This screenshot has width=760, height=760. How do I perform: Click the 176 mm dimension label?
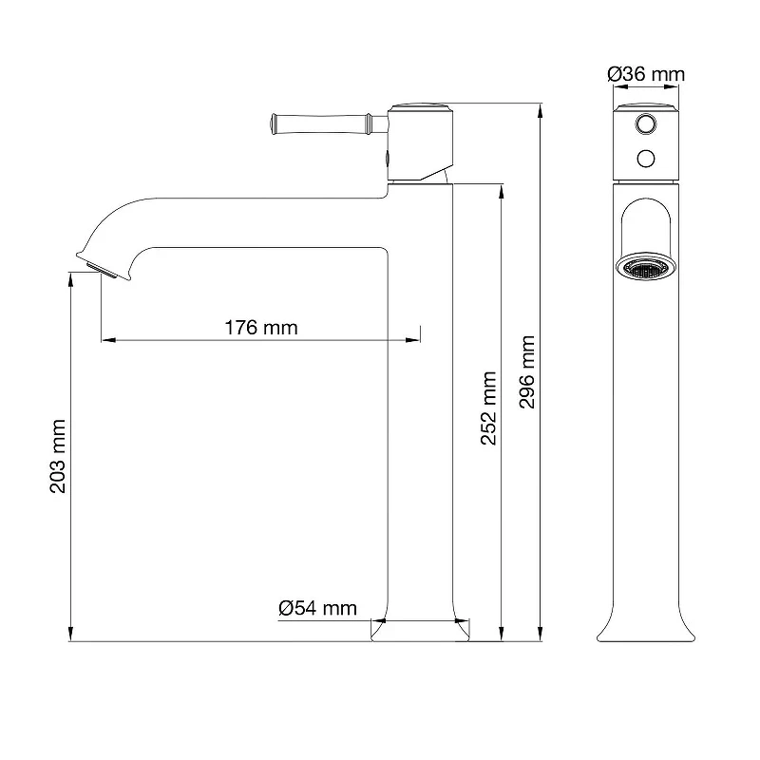click(260, 328)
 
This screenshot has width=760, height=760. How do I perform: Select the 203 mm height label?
click(58, 456)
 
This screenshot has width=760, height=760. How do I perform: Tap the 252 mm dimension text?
click(488, 408)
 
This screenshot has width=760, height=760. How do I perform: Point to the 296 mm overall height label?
click(527, 371)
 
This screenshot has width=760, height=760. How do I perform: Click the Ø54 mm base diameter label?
click(317, 608)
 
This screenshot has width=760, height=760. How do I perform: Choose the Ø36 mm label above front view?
click(646, 74)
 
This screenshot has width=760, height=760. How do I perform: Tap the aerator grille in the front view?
click(646, 267)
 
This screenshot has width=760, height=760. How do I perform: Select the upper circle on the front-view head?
click(646, 124)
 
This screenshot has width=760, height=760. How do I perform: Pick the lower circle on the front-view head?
click(646, 159)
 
